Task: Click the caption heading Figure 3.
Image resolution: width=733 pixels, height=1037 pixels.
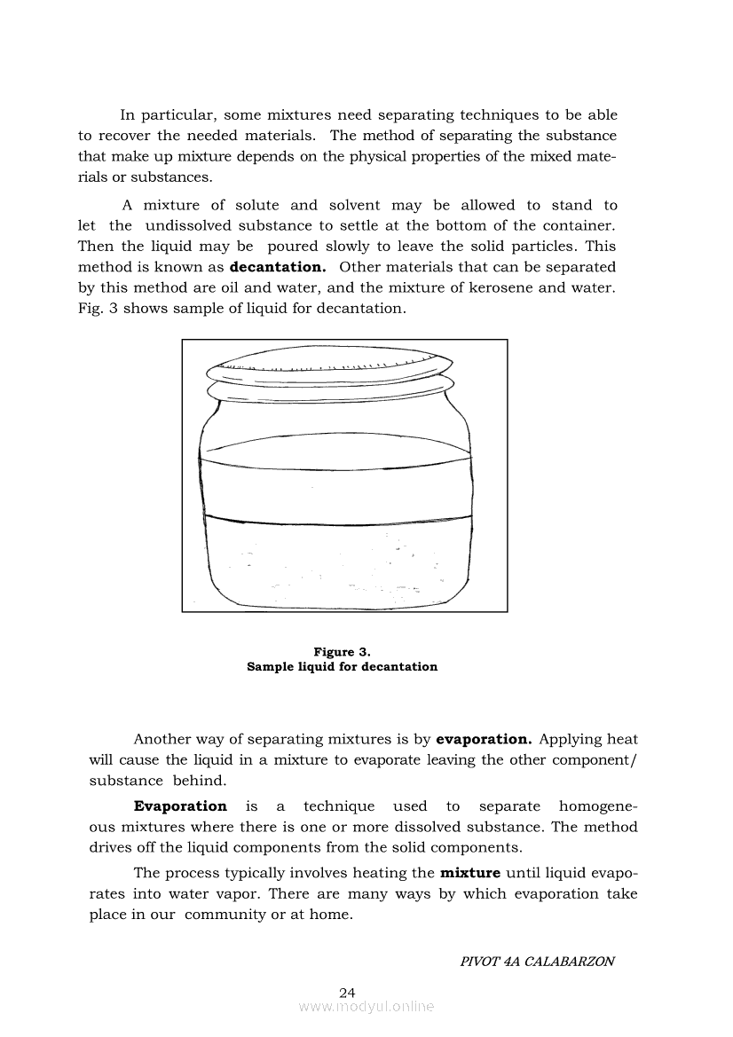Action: [342, 652]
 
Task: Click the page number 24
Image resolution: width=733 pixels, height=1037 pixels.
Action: [347, 992]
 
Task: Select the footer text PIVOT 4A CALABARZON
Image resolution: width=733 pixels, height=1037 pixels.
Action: [538, 962]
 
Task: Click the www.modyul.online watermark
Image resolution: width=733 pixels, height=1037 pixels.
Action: [366, 1007]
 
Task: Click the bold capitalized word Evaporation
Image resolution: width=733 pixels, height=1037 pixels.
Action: [180, 806]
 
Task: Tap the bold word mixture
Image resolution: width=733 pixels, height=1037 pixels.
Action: [470, 873]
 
